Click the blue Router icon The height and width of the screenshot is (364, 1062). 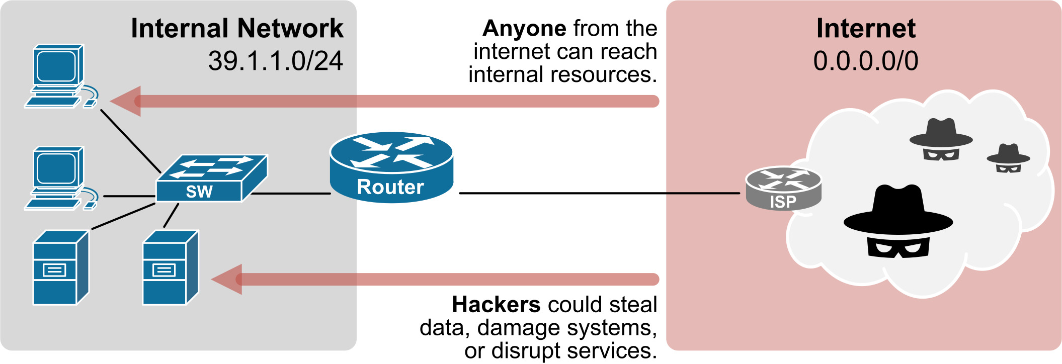click(x=391, y=167)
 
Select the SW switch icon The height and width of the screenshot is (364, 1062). click(x=211, y=178)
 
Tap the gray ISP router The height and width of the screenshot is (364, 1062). click(x=783, y=189)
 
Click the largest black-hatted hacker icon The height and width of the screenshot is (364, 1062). click(x=898, y=222)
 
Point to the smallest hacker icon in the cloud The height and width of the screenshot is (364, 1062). click(x=1008, y=158)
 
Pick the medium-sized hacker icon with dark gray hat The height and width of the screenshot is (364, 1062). click(x=941, y=139)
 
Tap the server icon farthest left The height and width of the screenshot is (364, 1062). click(x=60, y=267)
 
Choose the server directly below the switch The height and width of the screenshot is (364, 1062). click(x=170, y=267)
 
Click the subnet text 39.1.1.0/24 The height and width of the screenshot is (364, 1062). click(x=275, y=61)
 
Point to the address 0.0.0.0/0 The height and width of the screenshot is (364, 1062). click(x=865, y=61)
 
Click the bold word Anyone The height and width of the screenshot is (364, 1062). click(x=524, y=29)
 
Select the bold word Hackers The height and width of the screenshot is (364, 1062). click(x=496, y=304)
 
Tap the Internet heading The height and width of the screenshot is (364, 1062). click(x=865, y=28)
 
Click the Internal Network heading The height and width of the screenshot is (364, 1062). click(x=237, y=28)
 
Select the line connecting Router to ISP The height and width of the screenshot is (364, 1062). click(x=599, y=193)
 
